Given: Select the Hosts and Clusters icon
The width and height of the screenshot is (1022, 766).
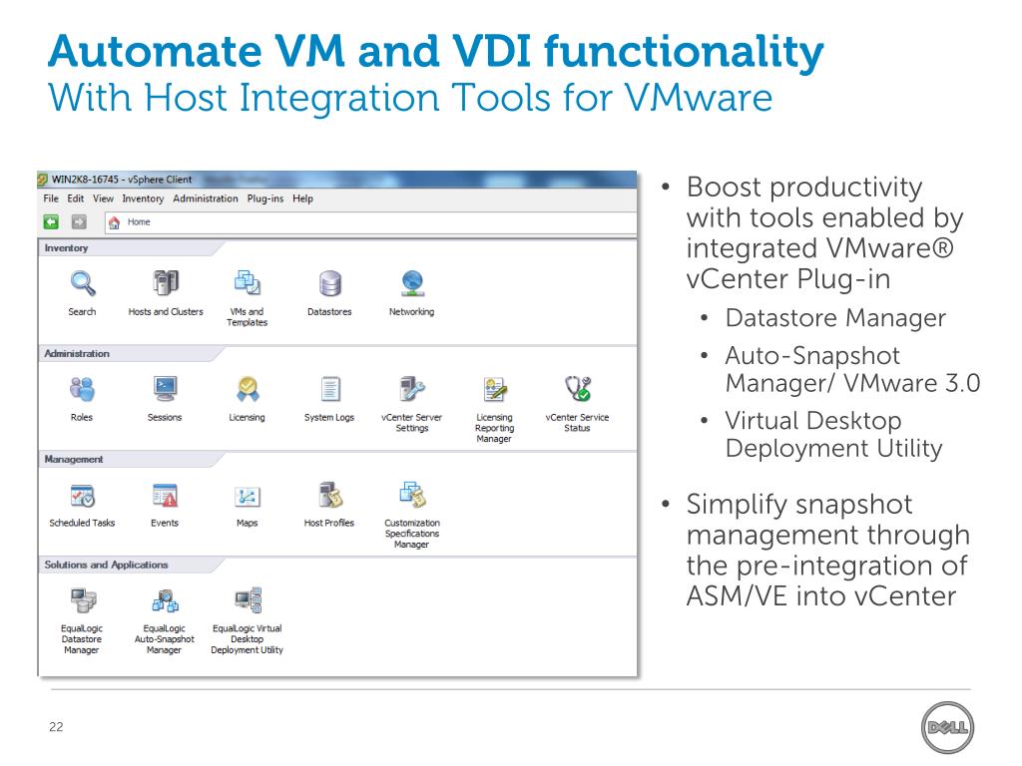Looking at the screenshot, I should (x=165, y=284).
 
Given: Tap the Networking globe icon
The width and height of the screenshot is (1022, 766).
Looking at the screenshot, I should (x=411, y=284).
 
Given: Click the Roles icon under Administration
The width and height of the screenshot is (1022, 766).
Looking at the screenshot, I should (x=82, y=389).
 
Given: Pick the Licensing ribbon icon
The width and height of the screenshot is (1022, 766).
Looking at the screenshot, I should (x=247, y=389).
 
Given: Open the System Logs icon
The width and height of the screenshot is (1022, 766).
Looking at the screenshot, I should (x=329, y=389).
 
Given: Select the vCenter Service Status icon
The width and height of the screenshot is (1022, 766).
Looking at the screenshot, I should (x=577, y=389).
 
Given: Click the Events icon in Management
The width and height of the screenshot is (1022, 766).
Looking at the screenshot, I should (x=165, y=495).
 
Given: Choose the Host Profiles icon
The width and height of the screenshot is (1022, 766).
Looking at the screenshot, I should (x=329, y=495).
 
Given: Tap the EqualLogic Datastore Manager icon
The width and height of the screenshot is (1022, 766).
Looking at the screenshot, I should (x=82, y=600).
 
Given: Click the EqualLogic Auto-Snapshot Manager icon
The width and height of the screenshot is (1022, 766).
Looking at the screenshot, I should (x=165, y=600).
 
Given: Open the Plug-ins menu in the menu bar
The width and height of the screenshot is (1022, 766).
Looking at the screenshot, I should (x=264, y=198).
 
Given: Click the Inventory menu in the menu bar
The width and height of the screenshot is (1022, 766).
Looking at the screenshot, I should (x=143, y=198).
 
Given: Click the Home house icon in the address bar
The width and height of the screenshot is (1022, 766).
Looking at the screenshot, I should (x=115, y=222).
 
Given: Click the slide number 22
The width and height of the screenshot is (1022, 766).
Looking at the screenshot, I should (x=56, y=727).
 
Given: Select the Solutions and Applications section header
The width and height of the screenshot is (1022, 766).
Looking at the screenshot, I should (x=106, y=565).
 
